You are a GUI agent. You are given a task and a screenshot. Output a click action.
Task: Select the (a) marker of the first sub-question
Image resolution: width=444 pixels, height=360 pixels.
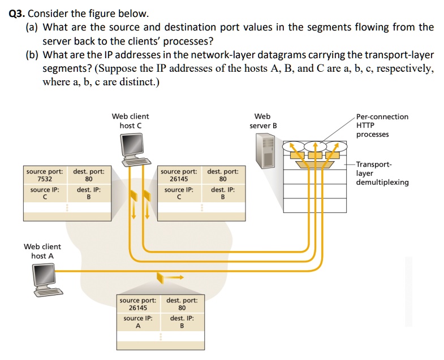click(x=33, y=27)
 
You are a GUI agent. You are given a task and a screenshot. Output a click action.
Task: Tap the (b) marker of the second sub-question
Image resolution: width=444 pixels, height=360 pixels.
click(x=33, y=55)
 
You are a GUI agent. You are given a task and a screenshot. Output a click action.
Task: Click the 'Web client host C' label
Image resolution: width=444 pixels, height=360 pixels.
click(x=131, y=120)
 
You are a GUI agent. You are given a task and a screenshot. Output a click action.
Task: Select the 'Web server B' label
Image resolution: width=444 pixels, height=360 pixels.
click(x=263, y=120)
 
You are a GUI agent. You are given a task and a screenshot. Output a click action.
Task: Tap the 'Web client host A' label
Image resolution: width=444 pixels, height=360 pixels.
click(x=42, y=251)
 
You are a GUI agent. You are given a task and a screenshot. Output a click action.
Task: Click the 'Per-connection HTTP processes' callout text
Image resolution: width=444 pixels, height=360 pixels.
click(x=382, y=125)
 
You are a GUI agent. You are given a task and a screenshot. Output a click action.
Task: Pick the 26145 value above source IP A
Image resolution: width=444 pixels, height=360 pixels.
click(x=138, y=308)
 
